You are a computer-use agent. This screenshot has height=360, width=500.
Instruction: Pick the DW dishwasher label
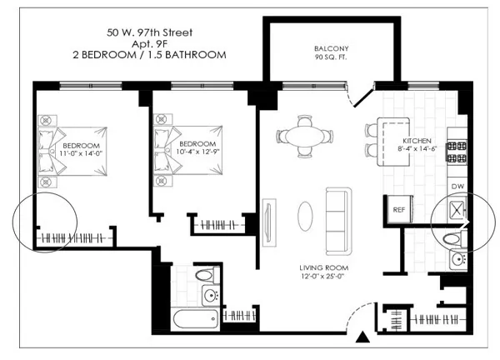coord(457,186)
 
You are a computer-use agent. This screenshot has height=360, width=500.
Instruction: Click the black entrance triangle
coord(362,337)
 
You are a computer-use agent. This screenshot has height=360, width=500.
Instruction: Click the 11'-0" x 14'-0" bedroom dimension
coord(80,152)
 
